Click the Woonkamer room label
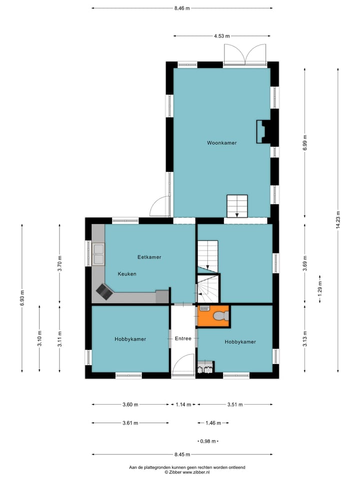coord(221,142)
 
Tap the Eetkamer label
coord(149,257)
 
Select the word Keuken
coord(127,274)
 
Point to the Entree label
coord(183,338)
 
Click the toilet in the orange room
coord(221,315)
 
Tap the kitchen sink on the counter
coord(98,254)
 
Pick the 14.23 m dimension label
coord(338,220)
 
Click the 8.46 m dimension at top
coord(182,8)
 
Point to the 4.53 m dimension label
coord(221,36)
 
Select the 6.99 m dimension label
coord(304,142)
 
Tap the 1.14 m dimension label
coord(183,404)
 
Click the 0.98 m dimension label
coord(208,441)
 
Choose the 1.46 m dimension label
coord(213,423)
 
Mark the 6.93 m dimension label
coord(22,297)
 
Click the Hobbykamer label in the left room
coord(130,339)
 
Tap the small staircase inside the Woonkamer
coord(237,206)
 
